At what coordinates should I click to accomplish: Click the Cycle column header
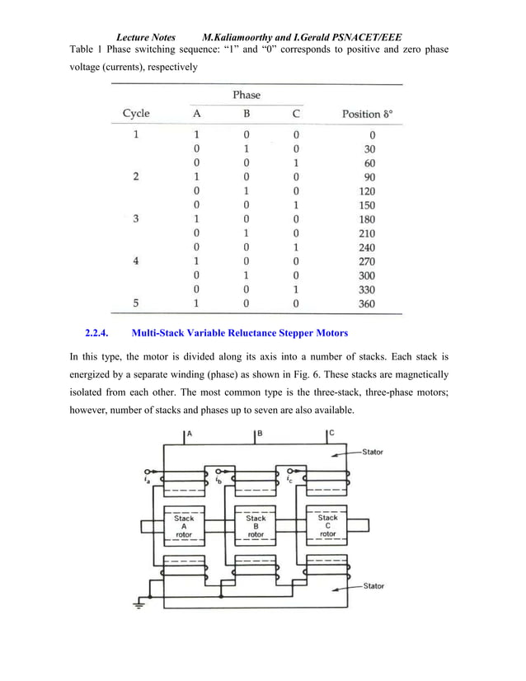[x=136, y=114]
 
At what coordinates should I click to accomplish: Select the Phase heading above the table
[x=246, y=95]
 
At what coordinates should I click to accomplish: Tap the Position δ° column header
[x=372, y=114]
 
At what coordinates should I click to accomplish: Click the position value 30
[x=369, y=149]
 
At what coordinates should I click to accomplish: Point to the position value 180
[x=367, y=219]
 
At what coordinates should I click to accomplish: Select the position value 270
[x=367, y=261]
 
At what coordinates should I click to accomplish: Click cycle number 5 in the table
[x=135, y=303]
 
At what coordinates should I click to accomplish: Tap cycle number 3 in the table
[x=135, y=219]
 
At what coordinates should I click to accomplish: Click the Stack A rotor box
[x=184, y=526]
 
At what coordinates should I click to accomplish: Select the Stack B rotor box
[x=256, y=526]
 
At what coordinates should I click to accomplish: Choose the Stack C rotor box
[x=327, y=526]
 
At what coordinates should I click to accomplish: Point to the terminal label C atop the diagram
[x=331, y=433]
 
